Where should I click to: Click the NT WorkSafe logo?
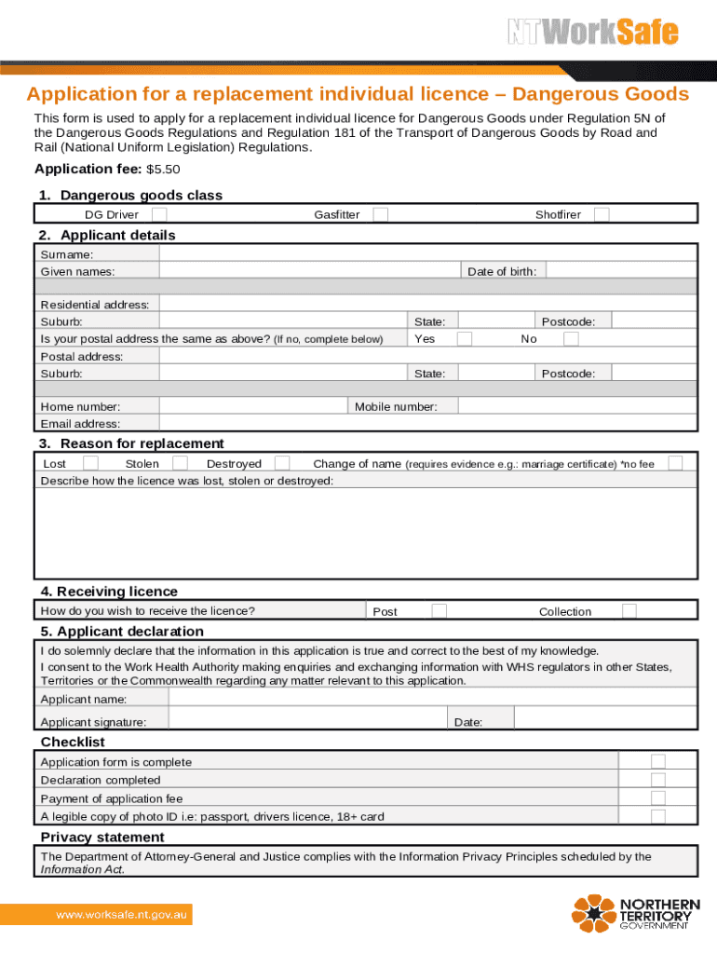tap(592, 33)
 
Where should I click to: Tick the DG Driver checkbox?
tap(160, 215)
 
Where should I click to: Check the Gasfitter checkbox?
tap(380, 215)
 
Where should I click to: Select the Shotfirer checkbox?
tap(602, 215)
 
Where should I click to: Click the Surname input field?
tap(427, 254)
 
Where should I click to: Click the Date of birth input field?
tap(620, 271)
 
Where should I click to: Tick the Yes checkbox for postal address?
tap(464, 339)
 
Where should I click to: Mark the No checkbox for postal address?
tap(571, 339)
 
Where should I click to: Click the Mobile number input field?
tap(577, 406)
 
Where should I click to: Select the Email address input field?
tap(427, 423)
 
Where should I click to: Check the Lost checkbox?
tap(91, 463)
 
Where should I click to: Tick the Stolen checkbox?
tap(181, 463)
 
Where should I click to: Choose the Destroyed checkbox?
tap(282, 463)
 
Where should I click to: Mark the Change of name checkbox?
tap(675, 463)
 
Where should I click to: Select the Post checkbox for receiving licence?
tap(439, 611)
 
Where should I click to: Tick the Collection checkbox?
tap(629, 611)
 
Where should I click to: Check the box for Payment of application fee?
tap(657, 798)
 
